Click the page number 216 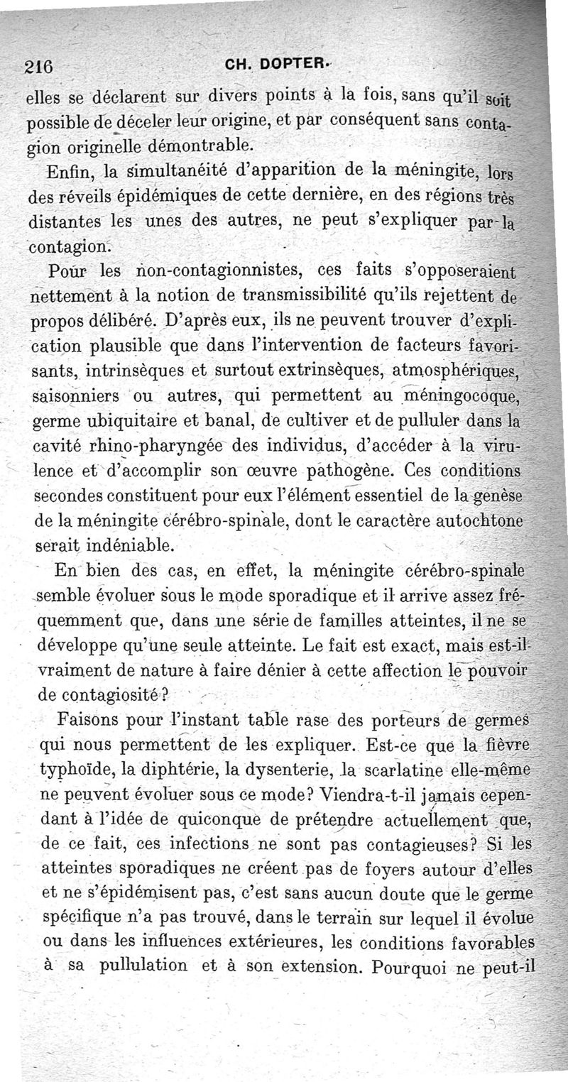pyautogui.click(x=38, y=67)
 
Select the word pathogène pyautogui.click(x=354, y=470)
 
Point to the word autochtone pyautogui.click(x=479, y=520)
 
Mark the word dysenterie pyautogui.click(x=260, y=771)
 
